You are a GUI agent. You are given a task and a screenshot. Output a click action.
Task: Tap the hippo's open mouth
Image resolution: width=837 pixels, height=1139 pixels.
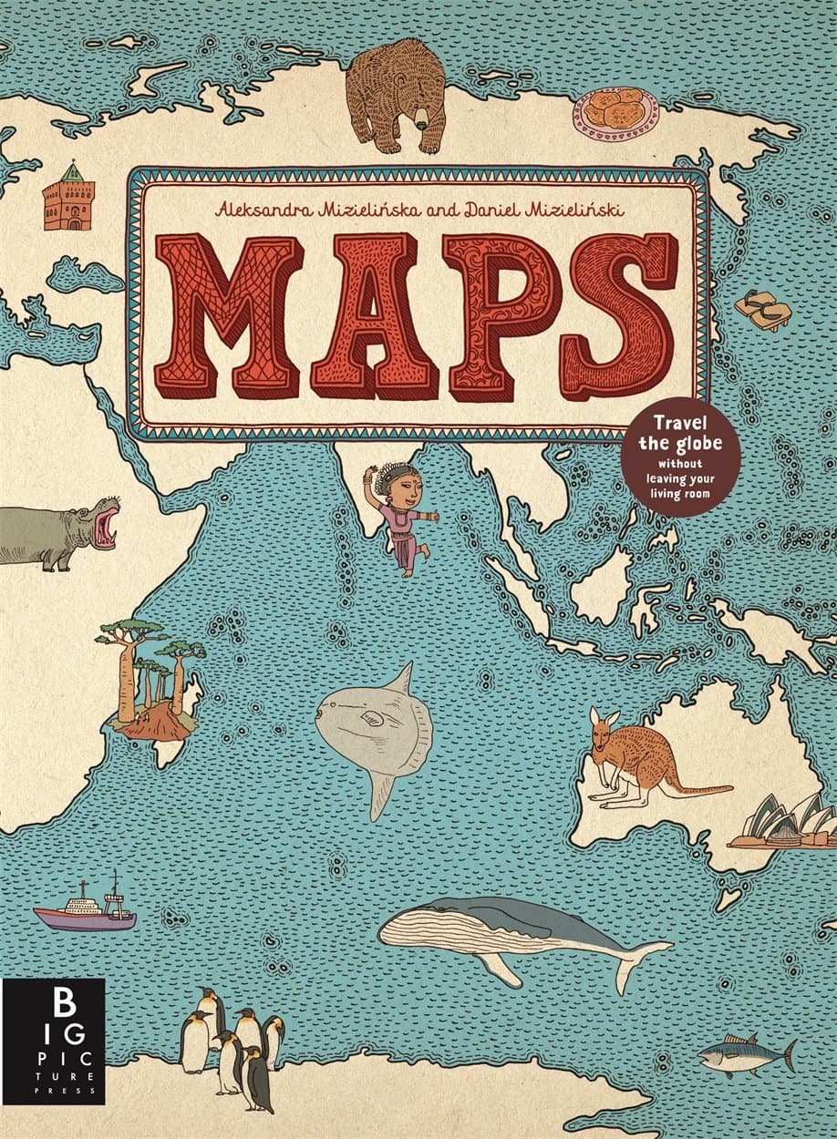pyautogui.click(x=107, y=524)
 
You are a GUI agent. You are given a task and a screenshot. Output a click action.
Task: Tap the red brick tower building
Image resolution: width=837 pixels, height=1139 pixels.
pyautogui.click(x=67, y=199)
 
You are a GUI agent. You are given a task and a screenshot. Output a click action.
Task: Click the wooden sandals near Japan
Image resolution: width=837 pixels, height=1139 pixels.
pyautogui.click(x=764, y=310)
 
